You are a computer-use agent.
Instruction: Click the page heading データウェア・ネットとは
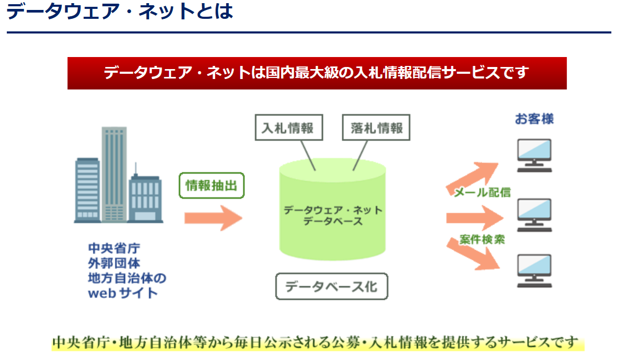pos(120,11)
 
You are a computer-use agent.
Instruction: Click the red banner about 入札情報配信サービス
pos(317,73)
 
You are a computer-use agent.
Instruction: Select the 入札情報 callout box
pos(287,128)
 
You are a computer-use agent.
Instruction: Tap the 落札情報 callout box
pos(376,128)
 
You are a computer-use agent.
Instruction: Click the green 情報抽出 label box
pos(211,185)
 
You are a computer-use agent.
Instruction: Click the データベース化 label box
pos(331,286)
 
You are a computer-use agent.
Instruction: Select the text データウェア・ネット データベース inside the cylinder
pos(333,216)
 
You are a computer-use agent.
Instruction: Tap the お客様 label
pos(534,119)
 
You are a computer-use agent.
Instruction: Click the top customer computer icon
pos(534,155)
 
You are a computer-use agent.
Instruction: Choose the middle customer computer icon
pos(534,215)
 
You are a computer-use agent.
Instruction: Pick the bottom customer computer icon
pos(534,270)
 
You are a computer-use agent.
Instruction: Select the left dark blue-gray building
pos(87,188)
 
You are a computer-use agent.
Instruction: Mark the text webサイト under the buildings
pos(122,293)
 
